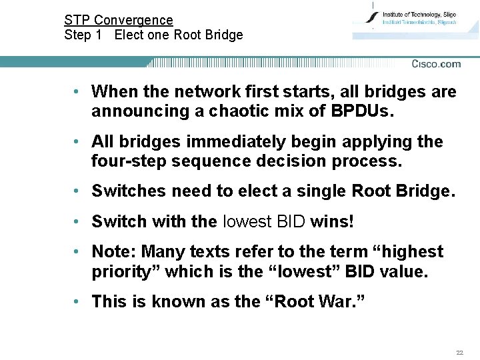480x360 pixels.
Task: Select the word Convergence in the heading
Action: click(x=133, y=21)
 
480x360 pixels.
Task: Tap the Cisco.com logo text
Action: click(x=436, y=64)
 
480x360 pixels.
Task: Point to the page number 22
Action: click(x=459, y=352)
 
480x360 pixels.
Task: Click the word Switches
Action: click(x=129, y=192)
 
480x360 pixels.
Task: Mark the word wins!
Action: click(x=331, y=221)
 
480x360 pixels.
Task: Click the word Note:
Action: click(x=115, y=252)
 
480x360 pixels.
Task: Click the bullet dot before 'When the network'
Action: click(x=78, y=91)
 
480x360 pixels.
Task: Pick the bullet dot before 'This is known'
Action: click(x=78, y=301)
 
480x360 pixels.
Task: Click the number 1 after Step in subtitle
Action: click(x=98, y=35)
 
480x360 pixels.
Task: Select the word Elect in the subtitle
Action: click(x=128, y=35)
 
